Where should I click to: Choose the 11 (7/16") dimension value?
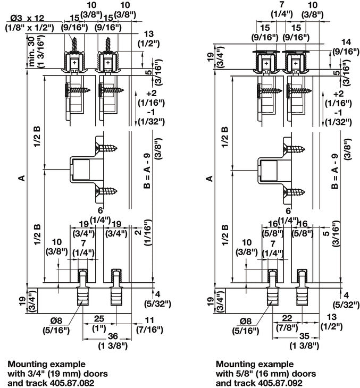[x=148, y=321]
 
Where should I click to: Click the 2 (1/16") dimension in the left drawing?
[x=138, y=233]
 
